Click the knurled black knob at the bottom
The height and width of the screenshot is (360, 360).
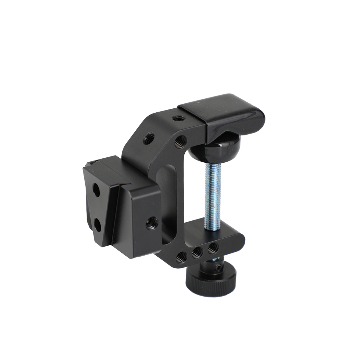[x=211, y=281]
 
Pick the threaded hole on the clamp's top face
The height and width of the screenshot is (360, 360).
[x=176, y=118]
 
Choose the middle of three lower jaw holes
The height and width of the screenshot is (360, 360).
[x=197, y=252]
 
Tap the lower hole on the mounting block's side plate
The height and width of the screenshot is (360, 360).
[x=97, y=226]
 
